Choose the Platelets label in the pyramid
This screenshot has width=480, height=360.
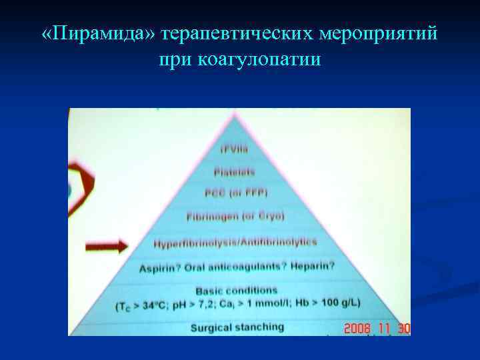[234, 171]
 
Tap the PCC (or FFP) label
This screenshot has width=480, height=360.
[235, 193]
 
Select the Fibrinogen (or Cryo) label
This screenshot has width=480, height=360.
[235, 217]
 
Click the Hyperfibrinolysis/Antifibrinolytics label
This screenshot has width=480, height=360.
[235, 243]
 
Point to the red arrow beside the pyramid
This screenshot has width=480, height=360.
[106, 247]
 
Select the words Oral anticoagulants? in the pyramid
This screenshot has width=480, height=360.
[234, 267]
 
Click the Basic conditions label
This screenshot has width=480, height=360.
[235, 291]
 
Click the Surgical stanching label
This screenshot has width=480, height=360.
[237, 327]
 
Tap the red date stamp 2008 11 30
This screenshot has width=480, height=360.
[377, 329]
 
